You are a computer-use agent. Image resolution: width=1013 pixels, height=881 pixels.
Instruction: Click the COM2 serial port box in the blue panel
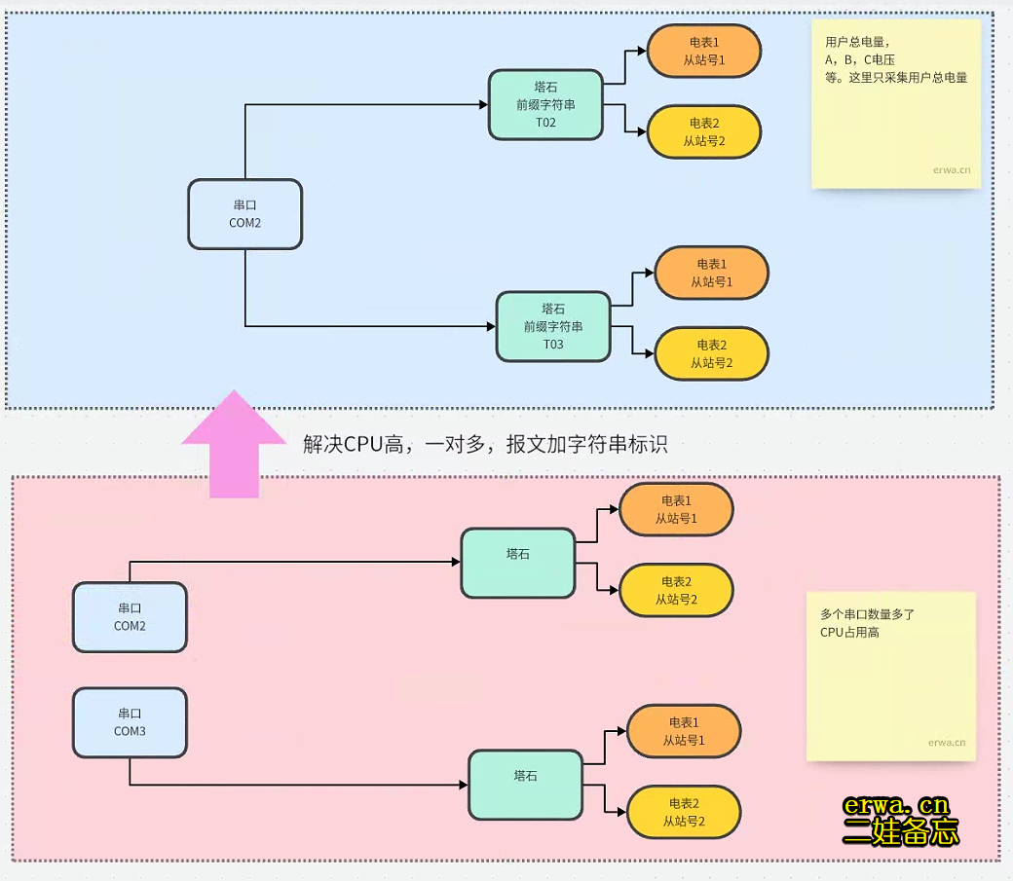point(244,214)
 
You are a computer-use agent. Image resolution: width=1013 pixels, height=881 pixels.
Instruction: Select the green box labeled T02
point(545,104)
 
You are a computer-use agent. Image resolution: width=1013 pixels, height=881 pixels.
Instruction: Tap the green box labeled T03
point(553,326)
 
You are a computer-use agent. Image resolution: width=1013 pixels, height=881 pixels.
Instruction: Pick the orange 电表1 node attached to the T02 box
point(704,52)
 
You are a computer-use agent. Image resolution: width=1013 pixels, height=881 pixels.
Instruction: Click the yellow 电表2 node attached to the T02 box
point(703,131)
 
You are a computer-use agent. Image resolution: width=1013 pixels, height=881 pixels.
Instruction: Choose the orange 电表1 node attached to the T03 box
point(711,273)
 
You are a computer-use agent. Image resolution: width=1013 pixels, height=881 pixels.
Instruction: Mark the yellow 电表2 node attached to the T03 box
point(711,353)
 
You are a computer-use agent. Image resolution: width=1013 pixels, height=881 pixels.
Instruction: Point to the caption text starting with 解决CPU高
point(485,445)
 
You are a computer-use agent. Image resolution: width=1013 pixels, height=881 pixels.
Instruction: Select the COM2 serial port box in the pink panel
point(130,617)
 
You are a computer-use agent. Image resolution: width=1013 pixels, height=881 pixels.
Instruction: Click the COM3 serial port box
point(130,722)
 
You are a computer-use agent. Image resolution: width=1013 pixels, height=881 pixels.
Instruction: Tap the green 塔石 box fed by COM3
point(525,785)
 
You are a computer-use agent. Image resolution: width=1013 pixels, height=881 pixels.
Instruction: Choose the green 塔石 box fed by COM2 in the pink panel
point(517,563)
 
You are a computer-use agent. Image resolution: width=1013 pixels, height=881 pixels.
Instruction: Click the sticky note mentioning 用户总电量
point(896,104)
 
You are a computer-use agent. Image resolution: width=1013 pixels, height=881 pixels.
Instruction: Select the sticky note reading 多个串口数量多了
point(890,676)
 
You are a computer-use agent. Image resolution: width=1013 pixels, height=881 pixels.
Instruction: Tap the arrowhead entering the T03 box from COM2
point(491,326)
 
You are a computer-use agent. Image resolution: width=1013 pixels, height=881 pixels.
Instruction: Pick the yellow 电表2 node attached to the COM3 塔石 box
point(684,812)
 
